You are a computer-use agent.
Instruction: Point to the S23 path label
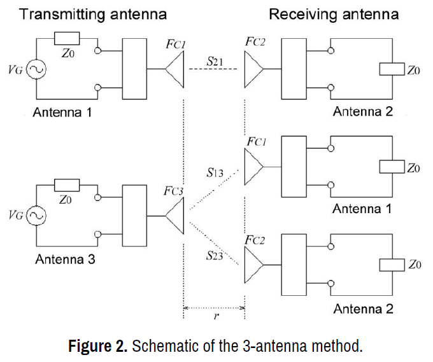(214, 256)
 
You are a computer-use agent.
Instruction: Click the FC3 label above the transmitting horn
(173, 191)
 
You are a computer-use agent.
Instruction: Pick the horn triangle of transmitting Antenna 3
(174, 216)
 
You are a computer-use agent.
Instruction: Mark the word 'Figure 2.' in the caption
(98, 347)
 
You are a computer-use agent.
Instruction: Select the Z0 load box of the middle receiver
(392, 167)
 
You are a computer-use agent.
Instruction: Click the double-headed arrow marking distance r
(215, 308)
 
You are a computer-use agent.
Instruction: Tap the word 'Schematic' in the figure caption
(160, 347)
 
